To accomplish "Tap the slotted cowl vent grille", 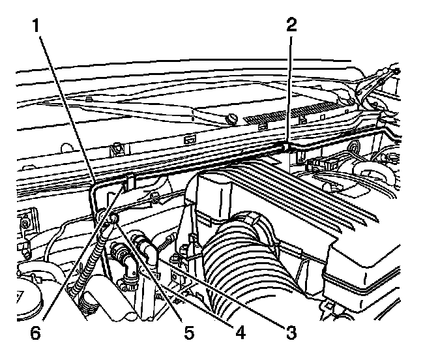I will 293,111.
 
